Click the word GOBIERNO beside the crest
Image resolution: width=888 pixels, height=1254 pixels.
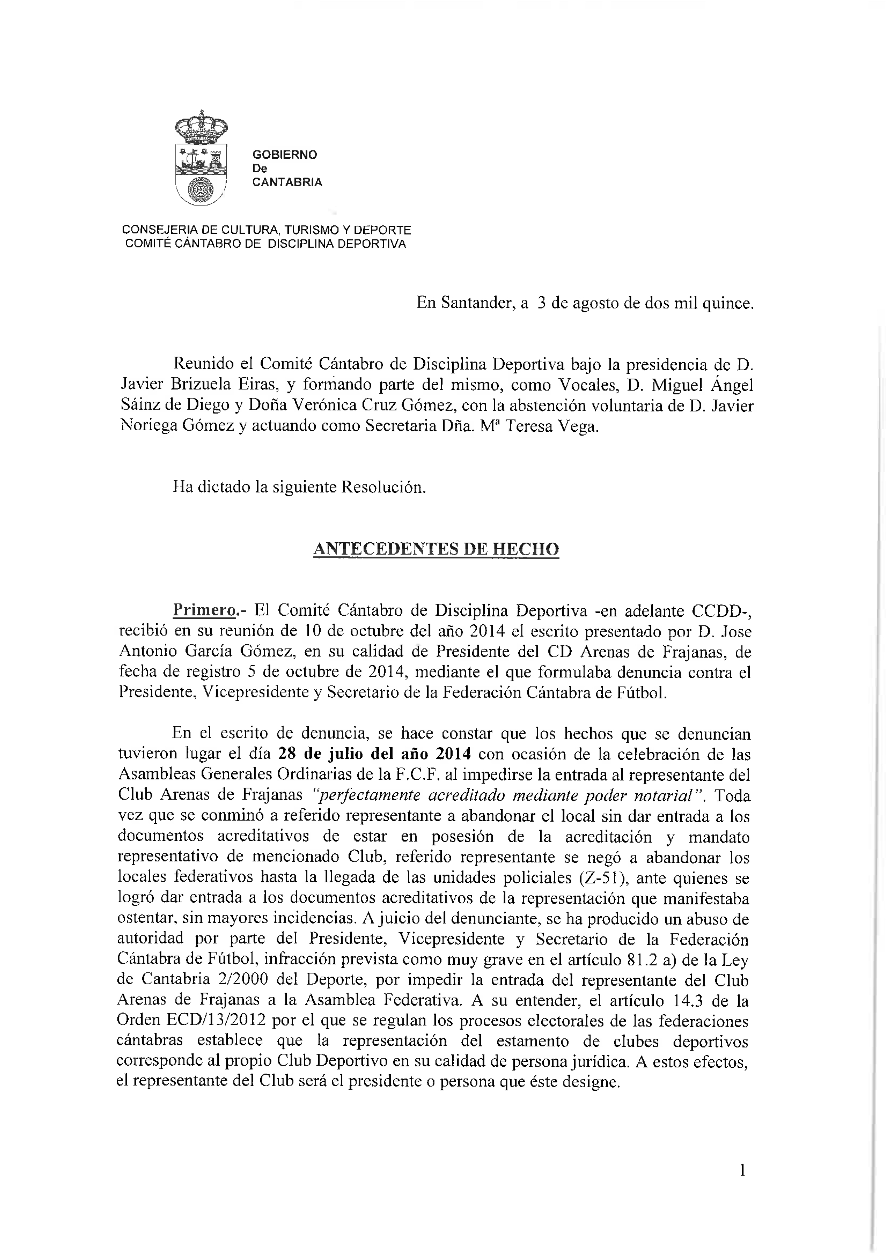[284, 155]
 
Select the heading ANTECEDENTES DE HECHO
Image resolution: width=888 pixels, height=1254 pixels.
[436, 549]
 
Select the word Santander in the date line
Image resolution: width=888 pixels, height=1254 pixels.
[477, 303]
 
